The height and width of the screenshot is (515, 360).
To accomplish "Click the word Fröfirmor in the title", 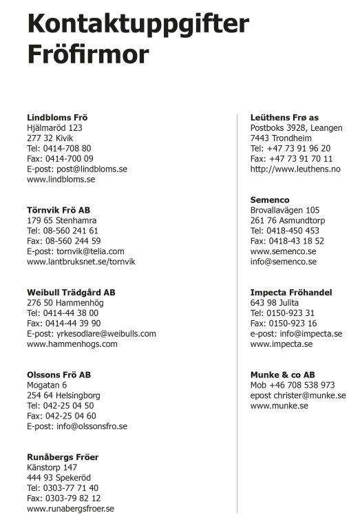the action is coord(87,54).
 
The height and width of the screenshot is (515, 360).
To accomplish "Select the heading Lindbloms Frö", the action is coord(57,117).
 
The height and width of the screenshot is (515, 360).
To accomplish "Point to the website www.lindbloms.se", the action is coord(61,179).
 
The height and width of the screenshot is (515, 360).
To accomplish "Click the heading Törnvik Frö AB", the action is coord(59,210).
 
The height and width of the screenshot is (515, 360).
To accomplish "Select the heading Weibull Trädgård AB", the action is coord(71,293).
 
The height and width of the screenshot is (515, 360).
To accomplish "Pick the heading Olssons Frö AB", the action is coord(59,375).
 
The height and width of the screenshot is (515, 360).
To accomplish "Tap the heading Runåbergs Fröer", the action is coord(63,457).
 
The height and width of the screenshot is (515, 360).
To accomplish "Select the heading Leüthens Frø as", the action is coord(284,117).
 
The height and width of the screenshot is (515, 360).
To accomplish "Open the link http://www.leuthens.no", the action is coord(295,169).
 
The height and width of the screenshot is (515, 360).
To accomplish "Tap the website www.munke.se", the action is coord(279,406).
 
